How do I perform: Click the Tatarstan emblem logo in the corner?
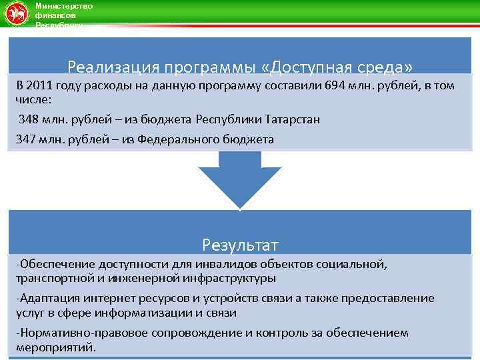(x=16, y=13)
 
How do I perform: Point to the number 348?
(x=29, y=119)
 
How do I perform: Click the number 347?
(x=27, y=139)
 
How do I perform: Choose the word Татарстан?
(x=291, y=119)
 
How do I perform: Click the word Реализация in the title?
(x=109, y=68)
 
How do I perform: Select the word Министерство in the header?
(x=64, y=5)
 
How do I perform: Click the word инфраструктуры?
(x=229, y=277)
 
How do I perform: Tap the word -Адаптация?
(x=43, y=298)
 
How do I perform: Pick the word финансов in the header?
(x=56, y=14)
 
